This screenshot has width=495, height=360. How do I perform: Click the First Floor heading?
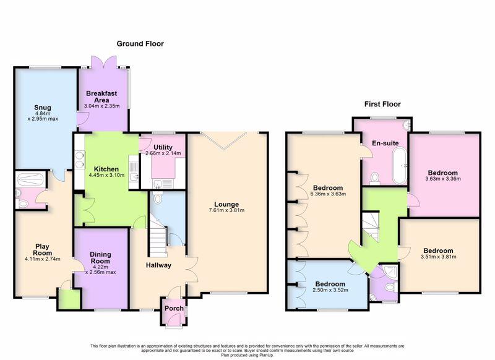[x=383, y=105]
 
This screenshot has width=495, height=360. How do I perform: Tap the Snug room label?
[x=43, y=107]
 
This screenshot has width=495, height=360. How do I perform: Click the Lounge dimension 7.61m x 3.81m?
[x=227, y=211]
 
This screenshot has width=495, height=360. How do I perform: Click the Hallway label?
[x=158, y=265]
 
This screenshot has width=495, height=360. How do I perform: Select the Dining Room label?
[x=100, y=257]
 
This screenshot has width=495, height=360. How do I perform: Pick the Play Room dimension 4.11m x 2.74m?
[x=43, y=259]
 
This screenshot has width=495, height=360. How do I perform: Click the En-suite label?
[x=384, y=143]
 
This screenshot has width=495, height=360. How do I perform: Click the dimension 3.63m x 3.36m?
[x=441, y=179]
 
